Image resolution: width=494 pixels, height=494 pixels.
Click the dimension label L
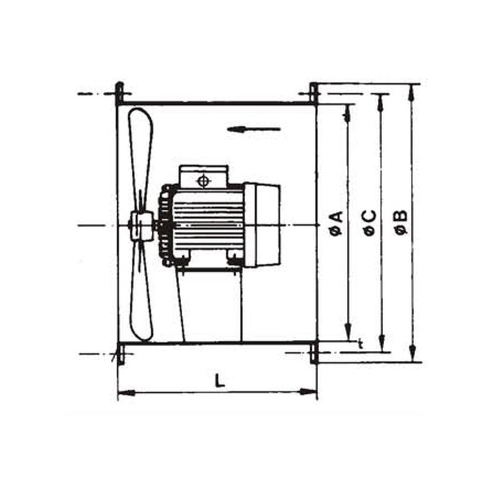[220, 380]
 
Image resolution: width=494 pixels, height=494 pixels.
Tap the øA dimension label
[337, 224]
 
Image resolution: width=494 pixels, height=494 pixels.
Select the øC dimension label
[369, 224]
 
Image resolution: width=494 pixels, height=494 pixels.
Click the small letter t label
[361, 344]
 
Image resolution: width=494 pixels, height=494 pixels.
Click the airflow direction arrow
[254, 129]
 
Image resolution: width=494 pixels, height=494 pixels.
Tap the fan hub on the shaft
[142, 226]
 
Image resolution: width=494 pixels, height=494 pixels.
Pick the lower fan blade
[141, 291]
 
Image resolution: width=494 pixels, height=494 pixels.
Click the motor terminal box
[204, 177]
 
